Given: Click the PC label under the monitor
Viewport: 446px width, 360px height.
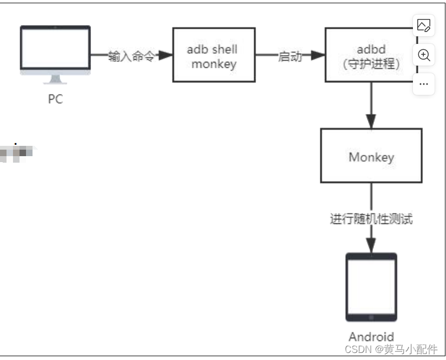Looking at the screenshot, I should click(55, 100).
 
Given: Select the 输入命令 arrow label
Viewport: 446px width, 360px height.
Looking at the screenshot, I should click(131, 56).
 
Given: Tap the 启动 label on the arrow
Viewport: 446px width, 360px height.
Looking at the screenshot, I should click(290, 56).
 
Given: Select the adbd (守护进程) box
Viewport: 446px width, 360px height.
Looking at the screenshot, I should click(371, 56).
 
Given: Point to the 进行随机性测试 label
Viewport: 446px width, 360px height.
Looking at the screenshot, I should click(372, 219).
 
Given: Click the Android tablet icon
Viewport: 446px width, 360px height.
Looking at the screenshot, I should click(371, 287).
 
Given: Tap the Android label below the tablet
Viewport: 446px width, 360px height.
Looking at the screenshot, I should click(371, 337).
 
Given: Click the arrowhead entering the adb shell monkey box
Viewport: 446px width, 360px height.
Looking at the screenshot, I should click(165, 55).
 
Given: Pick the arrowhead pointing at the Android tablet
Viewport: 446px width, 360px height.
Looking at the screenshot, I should click(371, 246).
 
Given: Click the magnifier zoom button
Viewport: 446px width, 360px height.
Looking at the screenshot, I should click(424, 55).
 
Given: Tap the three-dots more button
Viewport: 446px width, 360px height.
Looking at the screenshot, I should click(424, 84).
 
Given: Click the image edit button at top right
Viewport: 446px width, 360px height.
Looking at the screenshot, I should click(424, 25).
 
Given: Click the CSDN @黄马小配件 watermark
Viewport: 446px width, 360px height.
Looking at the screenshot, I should click(390, 350).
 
